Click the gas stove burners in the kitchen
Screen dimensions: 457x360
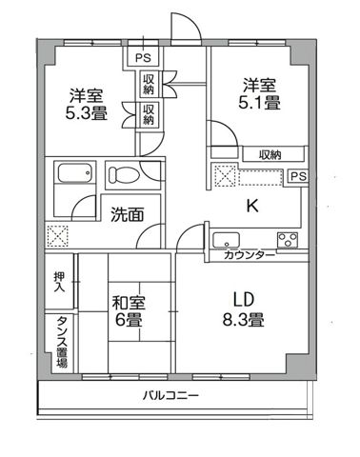pos(287,238)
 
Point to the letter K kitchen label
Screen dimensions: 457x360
pos(253,205)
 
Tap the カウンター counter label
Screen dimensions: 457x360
pos(250,256)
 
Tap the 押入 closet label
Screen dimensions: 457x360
pos(58,281)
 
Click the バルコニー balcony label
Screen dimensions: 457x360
pos(171,395)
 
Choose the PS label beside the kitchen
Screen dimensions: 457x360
pos(297,176)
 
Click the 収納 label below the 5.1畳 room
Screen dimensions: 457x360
pos(269,154)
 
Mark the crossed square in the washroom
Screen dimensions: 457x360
pos(58,234)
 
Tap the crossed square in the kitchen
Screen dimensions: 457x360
pos(224,176)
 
